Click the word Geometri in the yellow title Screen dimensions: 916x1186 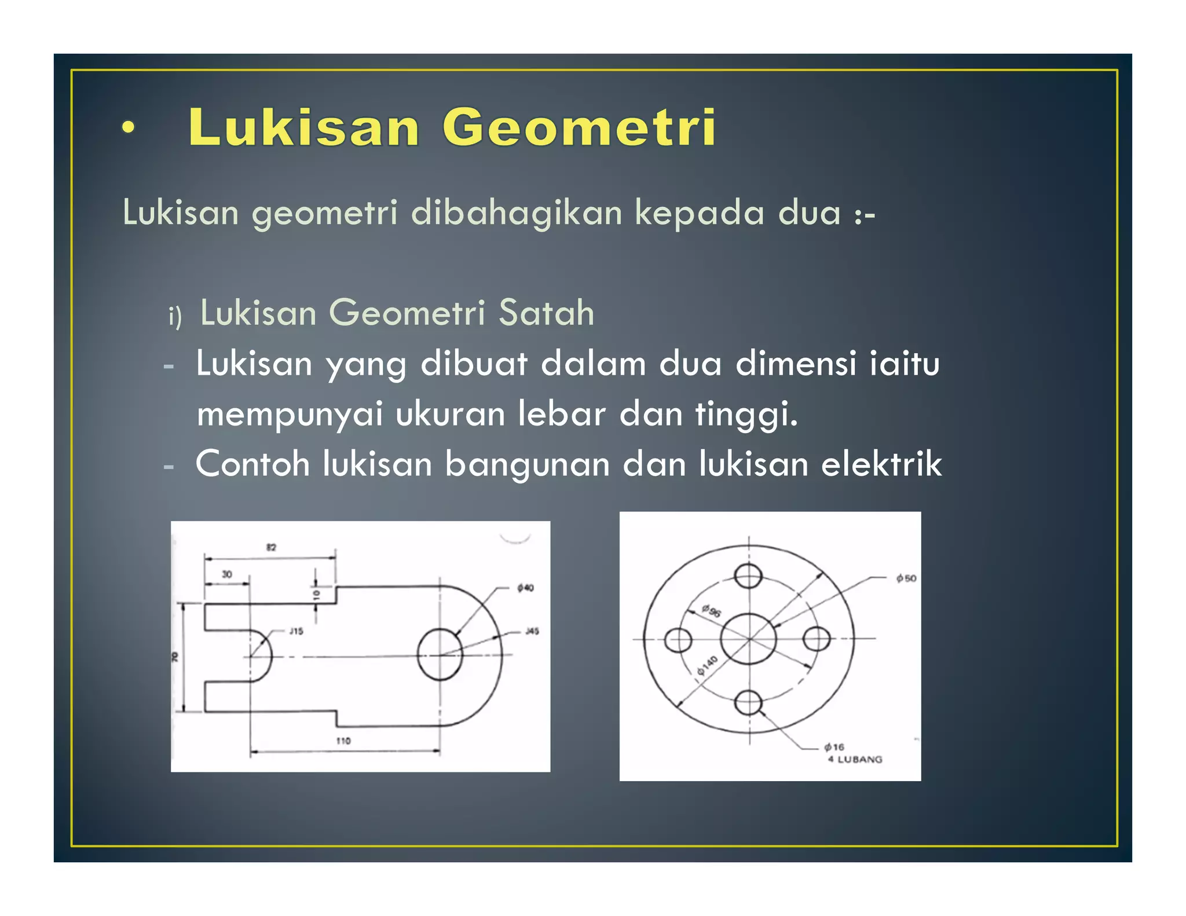pos(579,127)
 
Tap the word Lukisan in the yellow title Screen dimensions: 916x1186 pos(303,127)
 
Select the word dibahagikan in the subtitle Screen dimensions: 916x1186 pos(517,212)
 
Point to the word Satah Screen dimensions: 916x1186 pos(546,313)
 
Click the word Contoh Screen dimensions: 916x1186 pos(252,464)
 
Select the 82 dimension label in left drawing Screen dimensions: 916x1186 pos(271,547)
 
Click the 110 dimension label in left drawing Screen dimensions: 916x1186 pos(343,741)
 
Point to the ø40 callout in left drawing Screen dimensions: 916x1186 pos(525,588)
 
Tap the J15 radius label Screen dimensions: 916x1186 pos(296,631)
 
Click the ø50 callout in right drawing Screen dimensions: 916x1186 pos(906,578)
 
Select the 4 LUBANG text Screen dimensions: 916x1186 pos(855,759)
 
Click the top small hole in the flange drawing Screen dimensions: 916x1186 pos(748,576)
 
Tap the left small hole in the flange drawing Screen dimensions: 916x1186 pos(678,640)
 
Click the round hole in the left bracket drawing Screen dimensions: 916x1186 pos(440,654)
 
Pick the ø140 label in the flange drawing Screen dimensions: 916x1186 pos(707,666)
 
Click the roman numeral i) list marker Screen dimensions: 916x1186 pos(175,317)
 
